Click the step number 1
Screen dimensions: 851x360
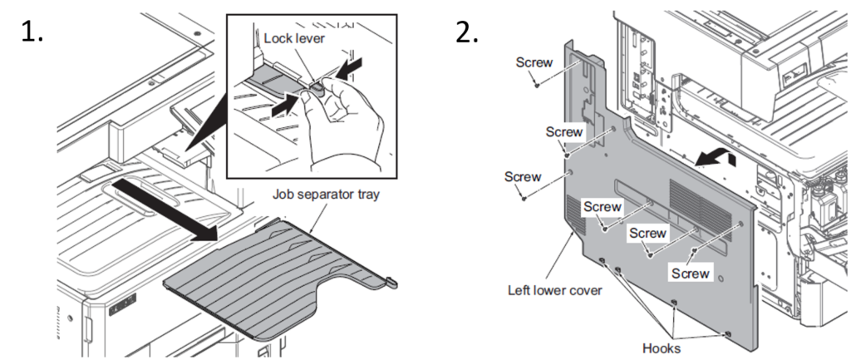click(x=31, y=32)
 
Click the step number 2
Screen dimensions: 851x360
click(x=467, y=32)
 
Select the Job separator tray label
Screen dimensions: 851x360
click(x=326, y=195)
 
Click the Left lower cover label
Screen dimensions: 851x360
click(x=554, y=290)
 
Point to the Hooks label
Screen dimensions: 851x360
click(x=661, y=348)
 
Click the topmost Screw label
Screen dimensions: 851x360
click(x=534, y=62)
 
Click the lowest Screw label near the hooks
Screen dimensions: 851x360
click(x=691, y=274)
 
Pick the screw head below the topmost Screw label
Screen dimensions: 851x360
click(x=537, y=85)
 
